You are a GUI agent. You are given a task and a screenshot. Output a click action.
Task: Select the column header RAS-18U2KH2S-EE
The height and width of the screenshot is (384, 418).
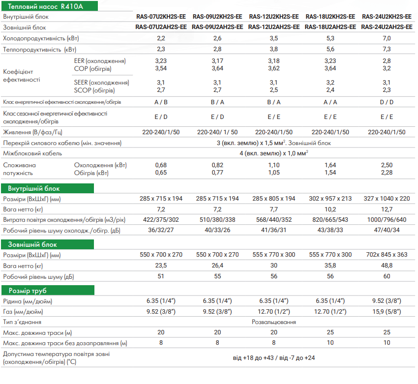tap(330, 17)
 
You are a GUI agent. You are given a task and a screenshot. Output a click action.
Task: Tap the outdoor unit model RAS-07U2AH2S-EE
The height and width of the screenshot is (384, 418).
tap(161, 27)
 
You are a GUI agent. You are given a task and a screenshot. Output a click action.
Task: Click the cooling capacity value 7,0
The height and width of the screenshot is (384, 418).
tap(387, 38)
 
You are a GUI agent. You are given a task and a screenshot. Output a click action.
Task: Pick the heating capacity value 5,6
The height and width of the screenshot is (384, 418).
tap(330, 50)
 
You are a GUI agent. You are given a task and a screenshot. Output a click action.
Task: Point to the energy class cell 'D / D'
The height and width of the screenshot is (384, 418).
tap(387, 102)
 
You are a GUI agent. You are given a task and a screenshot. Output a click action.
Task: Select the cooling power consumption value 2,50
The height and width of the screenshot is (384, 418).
tap(387, 165)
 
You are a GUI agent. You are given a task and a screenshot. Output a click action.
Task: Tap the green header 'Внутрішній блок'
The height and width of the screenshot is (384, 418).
tap(31, 188)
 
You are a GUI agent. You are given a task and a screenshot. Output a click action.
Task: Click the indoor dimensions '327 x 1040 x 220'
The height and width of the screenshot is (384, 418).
tap(387, 199)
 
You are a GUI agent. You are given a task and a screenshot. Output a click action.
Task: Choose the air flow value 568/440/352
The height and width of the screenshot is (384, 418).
tap(274, 220)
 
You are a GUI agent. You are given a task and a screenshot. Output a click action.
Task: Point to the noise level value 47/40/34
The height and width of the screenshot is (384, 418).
tap(387, 230)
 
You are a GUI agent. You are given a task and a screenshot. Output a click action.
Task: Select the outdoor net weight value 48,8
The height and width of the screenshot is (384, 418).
tap(387, 266)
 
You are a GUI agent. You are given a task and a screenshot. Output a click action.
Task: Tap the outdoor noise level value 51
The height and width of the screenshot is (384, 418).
tap(161, 276)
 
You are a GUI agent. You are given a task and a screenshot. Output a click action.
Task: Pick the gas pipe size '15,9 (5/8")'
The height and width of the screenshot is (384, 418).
tap(387, 311)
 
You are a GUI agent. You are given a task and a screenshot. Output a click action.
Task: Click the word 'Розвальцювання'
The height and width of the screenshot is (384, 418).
tap(273, 322)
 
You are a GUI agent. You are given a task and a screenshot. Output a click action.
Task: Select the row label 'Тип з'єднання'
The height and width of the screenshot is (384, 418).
tap(22, 322)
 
